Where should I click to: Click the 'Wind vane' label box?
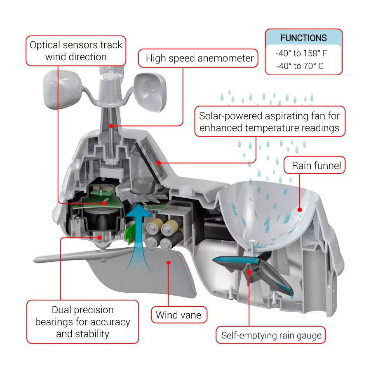coord(178,315)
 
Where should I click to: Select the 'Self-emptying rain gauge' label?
coord(271,335)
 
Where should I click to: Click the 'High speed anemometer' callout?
coord(200,59)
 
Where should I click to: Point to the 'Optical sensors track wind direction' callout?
coord(76,50)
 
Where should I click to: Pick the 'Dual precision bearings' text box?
coord(82,322)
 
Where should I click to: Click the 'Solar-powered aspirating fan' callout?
coord(270,122)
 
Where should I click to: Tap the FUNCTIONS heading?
coord(303,38)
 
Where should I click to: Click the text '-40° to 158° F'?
coord(302,53)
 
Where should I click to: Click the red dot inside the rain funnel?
coord(300,209)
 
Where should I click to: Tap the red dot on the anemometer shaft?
coord(111,125)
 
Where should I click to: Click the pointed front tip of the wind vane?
coord(36,260)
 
